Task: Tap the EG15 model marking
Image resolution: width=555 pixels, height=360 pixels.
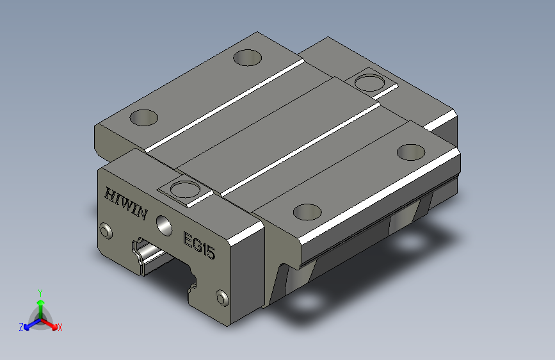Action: tap(199, 245)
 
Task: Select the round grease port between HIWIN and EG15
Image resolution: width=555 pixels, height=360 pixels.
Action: tap(165, 225)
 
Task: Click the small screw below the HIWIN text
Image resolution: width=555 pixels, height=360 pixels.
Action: tap(106, 231)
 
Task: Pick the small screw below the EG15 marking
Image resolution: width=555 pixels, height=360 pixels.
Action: tap(222, 298)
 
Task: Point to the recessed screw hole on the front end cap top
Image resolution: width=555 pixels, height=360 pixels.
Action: tap(184, 189)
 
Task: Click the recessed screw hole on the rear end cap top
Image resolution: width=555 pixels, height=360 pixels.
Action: tap(369, 83)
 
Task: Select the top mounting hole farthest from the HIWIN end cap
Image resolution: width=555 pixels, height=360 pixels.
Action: tap(248, 58)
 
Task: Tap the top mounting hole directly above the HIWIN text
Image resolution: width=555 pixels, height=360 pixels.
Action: tap(143, 118)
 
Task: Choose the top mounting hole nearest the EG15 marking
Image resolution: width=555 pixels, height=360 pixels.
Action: tap(307, 212)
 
